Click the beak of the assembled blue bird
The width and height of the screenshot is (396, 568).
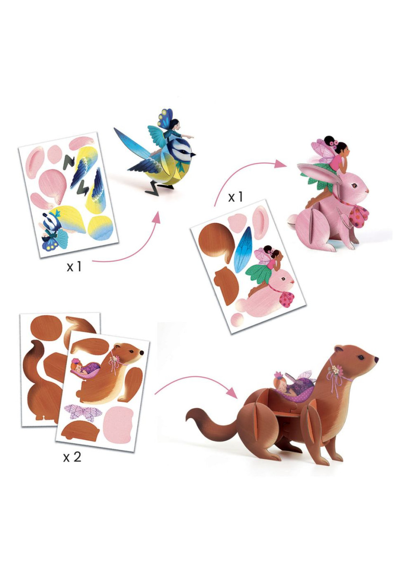click(193, 154)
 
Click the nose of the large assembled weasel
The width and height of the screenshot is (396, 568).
click(376, 359)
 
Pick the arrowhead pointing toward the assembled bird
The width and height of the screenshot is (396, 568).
click(156, 217)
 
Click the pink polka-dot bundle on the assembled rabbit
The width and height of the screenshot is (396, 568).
click(359, 215)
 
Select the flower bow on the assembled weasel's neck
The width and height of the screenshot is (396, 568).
click(335, 371)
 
